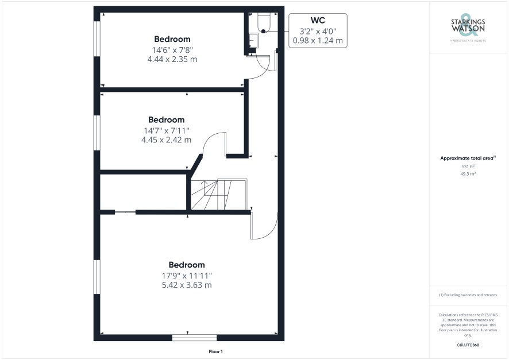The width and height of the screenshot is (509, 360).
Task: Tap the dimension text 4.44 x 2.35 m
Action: coord(172,59)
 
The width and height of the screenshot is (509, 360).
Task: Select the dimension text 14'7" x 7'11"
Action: coord(166,131)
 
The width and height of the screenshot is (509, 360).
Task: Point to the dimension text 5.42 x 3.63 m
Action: coord(187,285)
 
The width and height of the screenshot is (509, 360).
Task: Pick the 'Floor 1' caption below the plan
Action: coord(215,351)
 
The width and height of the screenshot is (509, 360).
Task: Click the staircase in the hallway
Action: coord(219,195)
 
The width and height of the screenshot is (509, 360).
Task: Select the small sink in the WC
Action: coord(253,41)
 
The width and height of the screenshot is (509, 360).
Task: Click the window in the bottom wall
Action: coord(194,338)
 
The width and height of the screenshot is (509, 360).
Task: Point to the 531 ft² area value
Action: coord(468,167)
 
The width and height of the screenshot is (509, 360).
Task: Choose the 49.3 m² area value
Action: coord(468,174)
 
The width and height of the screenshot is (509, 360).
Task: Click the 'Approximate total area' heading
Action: coord(468,158)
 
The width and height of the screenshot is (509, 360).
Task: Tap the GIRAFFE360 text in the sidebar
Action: coord(468,345)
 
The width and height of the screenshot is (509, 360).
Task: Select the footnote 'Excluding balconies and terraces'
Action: coord(468,295)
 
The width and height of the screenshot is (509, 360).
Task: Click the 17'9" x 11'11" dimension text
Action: coord(187,276)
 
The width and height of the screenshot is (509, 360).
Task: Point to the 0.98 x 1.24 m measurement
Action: coord(318,41)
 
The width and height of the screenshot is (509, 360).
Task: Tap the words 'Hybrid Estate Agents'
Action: coord(468,41)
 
